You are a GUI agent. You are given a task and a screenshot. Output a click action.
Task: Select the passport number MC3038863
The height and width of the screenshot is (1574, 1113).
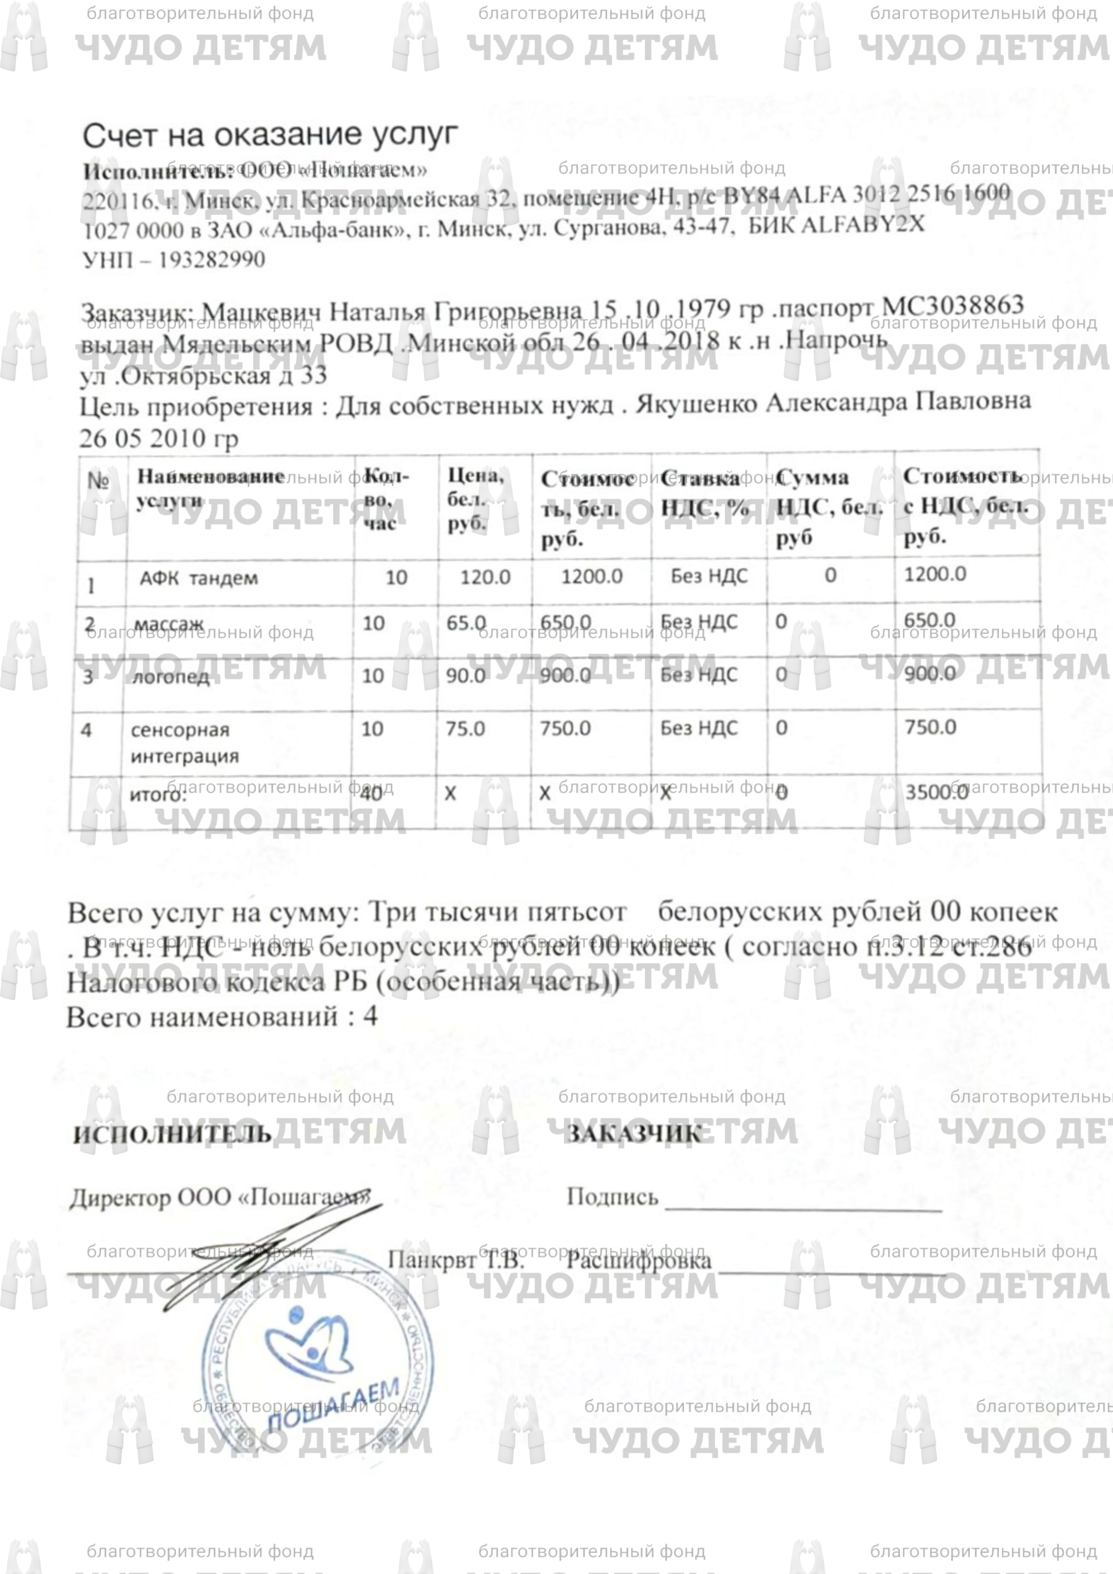952,305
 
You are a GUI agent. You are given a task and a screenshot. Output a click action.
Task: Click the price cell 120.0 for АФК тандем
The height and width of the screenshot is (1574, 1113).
485,577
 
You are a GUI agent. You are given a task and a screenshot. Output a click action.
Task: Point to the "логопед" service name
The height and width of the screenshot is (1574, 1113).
170,677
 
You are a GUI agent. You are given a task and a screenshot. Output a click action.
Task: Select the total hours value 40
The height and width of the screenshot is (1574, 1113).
371,793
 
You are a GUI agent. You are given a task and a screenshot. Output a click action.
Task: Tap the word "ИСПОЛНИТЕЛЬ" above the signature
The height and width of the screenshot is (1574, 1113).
172,1134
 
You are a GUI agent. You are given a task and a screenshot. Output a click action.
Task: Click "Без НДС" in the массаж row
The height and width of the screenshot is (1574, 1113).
698,622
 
